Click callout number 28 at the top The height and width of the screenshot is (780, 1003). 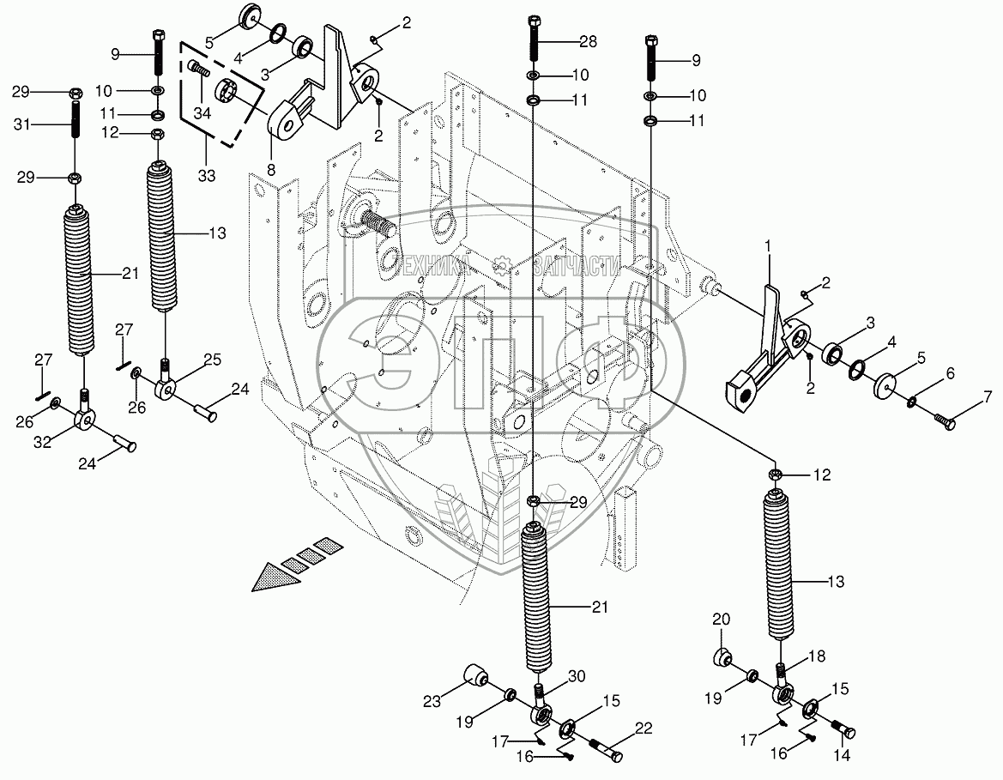tap(587, 41)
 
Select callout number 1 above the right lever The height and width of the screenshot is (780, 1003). tap(768, 247)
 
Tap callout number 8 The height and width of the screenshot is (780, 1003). tap(272, 170)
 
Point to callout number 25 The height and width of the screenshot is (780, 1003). tap(212, 358)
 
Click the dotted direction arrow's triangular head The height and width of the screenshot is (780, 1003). tap(273, 577)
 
